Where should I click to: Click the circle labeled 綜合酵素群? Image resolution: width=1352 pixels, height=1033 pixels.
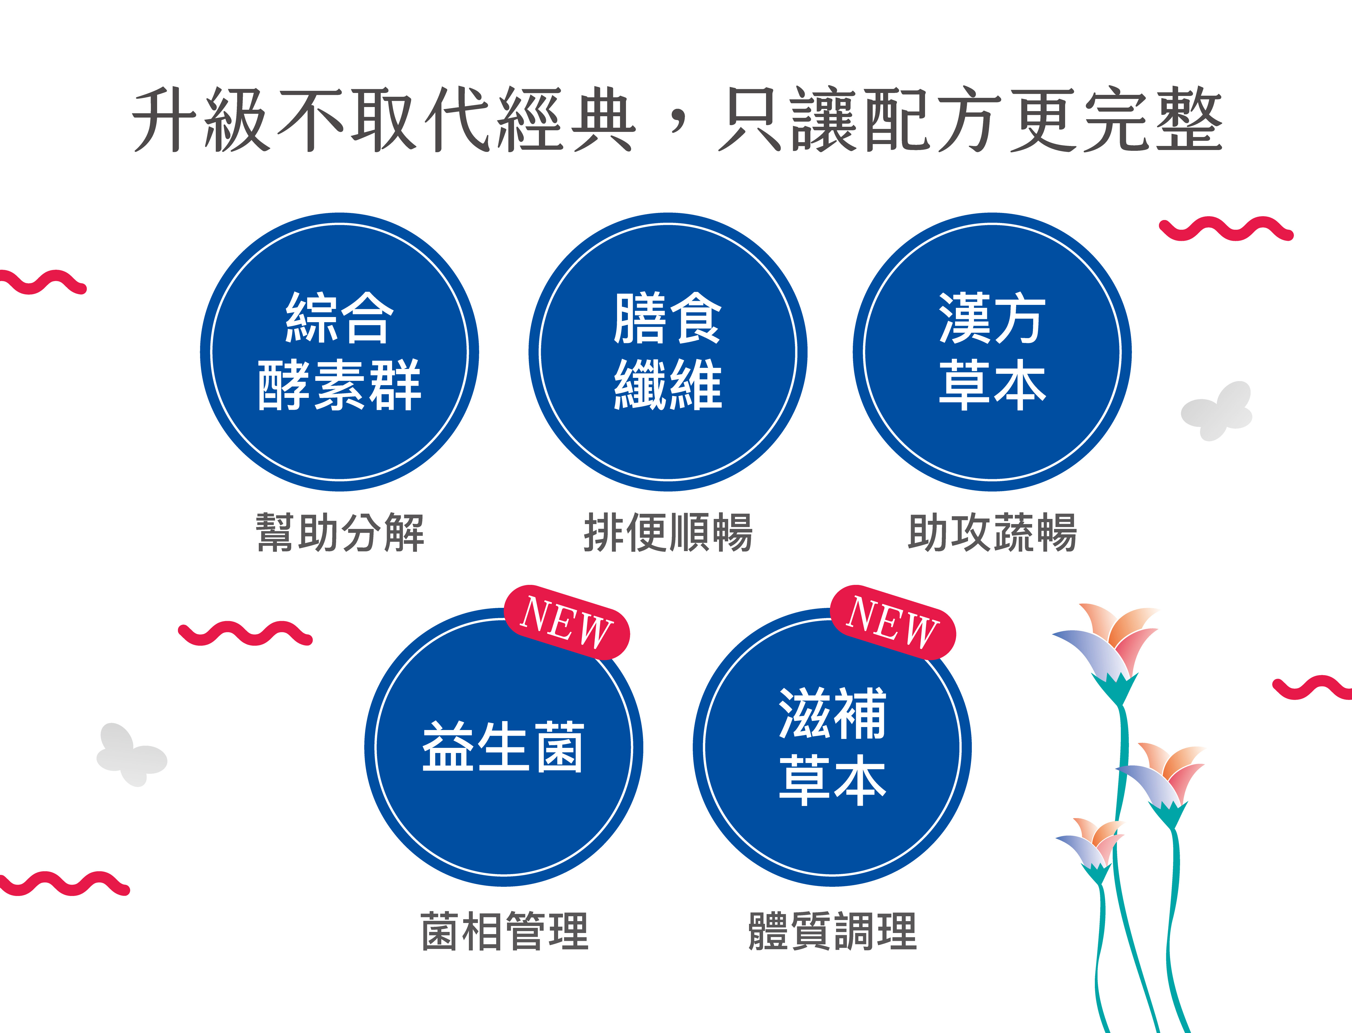(340, 352)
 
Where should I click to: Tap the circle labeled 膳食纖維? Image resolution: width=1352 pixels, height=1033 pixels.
(668, 352)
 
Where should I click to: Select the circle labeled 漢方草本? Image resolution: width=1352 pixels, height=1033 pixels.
(992, 352)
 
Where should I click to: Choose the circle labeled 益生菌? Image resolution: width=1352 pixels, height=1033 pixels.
(504, 747)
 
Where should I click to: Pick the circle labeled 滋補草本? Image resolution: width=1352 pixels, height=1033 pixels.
(832, 747)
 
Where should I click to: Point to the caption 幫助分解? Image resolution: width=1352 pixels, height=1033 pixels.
(340, 532)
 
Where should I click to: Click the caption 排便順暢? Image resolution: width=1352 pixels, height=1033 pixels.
(668, 532)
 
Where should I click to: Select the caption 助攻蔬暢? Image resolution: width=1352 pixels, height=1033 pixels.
(992, 532)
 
